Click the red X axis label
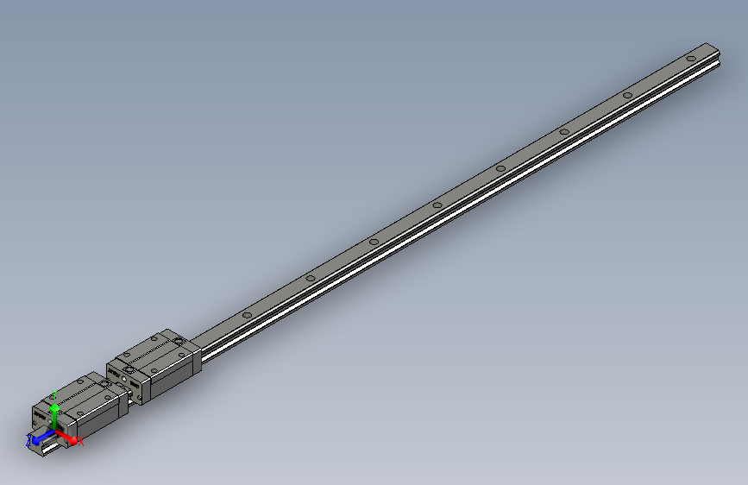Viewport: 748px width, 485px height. (x=81, y=443)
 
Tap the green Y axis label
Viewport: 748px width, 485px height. (x=54, y=394)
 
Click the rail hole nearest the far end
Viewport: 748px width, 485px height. (x=691, y=58)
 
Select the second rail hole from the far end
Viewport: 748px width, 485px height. (x=627, y=94)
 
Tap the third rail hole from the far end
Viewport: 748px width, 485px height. (x=563, y=131)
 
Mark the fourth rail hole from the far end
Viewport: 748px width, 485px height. (x=500, y=167)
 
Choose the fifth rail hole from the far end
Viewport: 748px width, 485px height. (x=437, y=205)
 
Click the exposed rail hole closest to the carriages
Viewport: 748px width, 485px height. (x=247, y=314)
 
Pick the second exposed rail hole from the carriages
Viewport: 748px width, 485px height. (x=310, y=278)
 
